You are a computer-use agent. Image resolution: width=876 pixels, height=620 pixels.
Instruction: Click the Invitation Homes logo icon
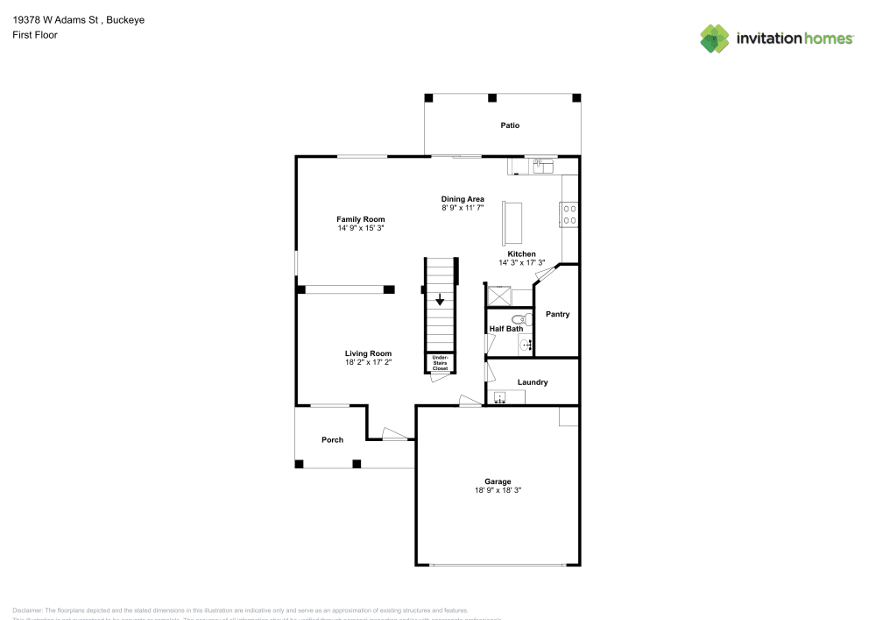pos(715,38)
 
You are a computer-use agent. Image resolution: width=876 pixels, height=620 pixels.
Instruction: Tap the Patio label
pos(510,125)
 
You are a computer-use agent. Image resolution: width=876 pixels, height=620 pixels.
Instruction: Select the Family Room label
pos(361,219)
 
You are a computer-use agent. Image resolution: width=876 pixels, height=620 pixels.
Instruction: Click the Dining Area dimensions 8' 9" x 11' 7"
pos(463,209)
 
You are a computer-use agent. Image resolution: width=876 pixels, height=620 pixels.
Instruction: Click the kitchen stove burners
pos(569,214)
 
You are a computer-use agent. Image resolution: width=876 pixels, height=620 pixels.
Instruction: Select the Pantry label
pos(557,314)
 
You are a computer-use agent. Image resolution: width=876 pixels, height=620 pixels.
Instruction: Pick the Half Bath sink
pos(526,346)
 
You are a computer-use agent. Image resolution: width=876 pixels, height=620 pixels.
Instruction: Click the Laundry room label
pos(533,382)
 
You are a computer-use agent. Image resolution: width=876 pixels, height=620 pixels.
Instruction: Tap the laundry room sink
pos(500,397)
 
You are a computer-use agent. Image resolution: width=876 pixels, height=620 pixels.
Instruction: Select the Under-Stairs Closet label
pos(440,363)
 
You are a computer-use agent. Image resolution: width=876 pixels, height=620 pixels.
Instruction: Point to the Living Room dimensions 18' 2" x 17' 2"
pos(368,361)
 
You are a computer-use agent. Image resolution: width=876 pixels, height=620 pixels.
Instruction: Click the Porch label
pos(332,439)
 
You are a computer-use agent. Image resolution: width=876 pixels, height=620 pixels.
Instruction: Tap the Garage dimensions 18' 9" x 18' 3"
pos(498,490)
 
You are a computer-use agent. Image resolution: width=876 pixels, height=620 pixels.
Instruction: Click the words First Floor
pos(35,35)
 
